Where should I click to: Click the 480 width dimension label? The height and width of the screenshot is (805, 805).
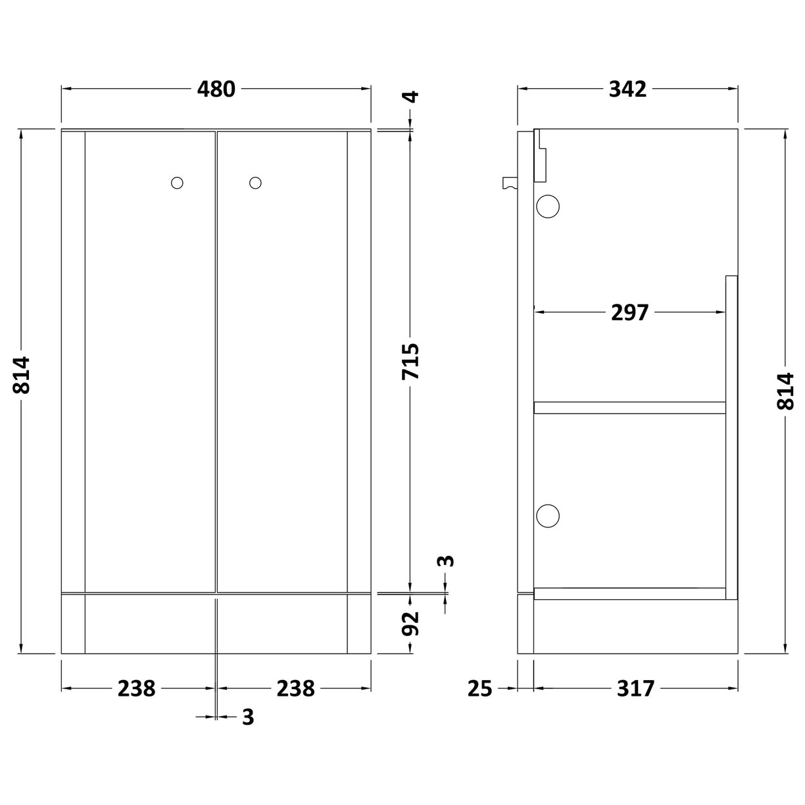[x=216, y=89]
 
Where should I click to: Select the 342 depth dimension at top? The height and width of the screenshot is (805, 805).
[x=627, y=89]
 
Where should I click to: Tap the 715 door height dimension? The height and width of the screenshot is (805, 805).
[x=410, y=361]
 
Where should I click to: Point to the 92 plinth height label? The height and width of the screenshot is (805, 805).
[x=410, y=623]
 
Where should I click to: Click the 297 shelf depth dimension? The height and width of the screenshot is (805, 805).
[x=629, y=312]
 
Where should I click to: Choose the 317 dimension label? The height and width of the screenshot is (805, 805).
[x=636, y=689]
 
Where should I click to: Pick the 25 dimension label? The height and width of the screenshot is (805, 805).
[x=480, y=689]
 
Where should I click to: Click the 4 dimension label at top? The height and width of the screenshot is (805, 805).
[x=410, y=97]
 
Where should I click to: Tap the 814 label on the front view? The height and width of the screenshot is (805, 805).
[x=22, y=375]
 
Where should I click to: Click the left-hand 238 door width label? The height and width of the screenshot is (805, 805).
[x=136, y=689]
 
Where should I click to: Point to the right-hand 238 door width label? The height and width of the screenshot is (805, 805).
[x=295, y=689]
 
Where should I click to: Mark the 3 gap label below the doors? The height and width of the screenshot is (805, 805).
[x=247, y=717]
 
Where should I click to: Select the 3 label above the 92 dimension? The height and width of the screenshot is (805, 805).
[x=446, y=561]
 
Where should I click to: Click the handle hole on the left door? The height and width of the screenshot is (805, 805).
[x=177, y=183]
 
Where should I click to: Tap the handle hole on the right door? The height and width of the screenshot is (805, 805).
[x=255, y=183]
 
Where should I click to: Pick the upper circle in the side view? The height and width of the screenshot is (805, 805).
[x=548, y=207]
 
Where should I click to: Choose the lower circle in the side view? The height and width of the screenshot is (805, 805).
[x=548, y=497]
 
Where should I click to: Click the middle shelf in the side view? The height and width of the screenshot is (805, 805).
[x=629, y=408]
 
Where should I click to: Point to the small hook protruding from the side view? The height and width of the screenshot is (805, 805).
[x=509, y=183]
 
